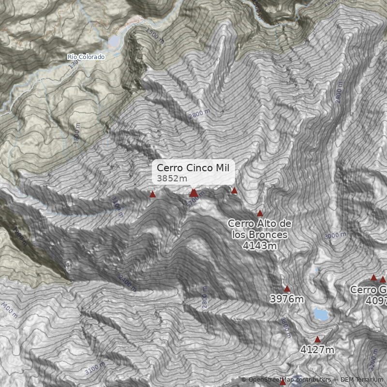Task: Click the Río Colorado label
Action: pos(86,57)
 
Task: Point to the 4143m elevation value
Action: pos(260,246)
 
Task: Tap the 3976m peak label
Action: pos(287,299)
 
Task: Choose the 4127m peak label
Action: pos(317,349)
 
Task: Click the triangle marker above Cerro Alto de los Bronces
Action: pos(260,213)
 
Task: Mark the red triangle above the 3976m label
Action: pos(287,289)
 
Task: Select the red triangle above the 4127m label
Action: pos(317,340)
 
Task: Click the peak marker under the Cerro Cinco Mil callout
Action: pos(193,193)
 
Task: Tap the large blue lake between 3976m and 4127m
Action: pos(320,314)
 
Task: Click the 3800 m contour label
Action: pos(285,327)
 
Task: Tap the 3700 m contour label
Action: pos(196,197)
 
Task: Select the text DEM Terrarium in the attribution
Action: pos(361,380)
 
